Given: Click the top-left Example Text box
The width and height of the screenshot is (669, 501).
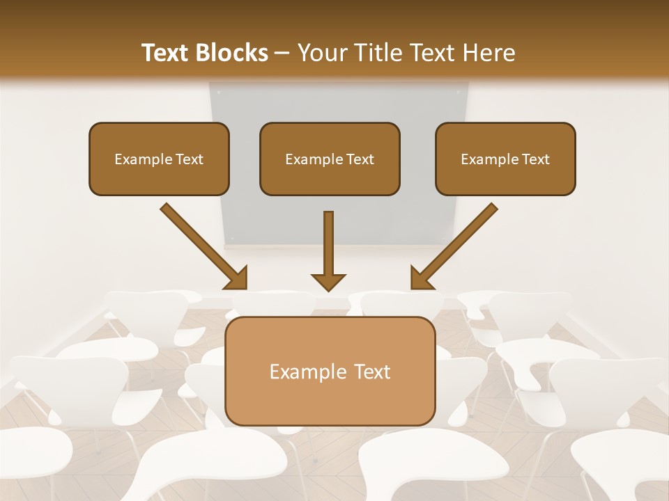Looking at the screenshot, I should [x=159, y=159].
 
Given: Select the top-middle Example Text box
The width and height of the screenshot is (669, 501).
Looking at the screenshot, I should [x=330, y=159].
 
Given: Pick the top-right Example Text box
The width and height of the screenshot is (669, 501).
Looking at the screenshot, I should [x=505, y=159].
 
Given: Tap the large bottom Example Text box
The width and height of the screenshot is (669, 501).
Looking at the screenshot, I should [x=330, y=371].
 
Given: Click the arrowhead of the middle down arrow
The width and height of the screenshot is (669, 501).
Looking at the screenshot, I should [x=328, y=282].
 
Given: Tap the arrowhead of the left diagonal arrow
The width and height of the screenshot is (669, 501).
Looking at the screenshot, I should [x=237, y=278].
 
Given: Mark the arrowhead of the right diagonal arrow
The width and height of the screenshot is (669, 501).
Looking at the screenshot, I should [x=420, y=278].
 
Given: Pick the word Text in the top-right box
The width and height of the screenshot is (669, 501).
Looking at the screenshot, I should [x=535, y=159].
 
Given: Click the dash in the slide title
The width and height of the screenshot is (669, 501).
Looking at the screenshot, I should [x=283, y=53].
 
